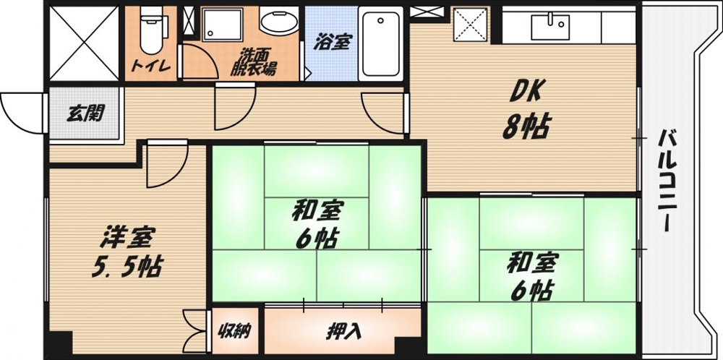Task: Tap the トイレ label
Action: [x=151, y=67]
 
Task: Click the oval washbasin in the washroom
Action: [x=278, y=22]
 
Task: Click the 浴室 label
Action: [x=332, y=43]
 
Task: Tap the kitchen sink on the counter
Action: [x=550, y=27]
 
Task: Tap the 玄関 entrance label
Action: [x=85, y=113]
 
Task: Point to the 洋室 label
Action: [x=127, y=237]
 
